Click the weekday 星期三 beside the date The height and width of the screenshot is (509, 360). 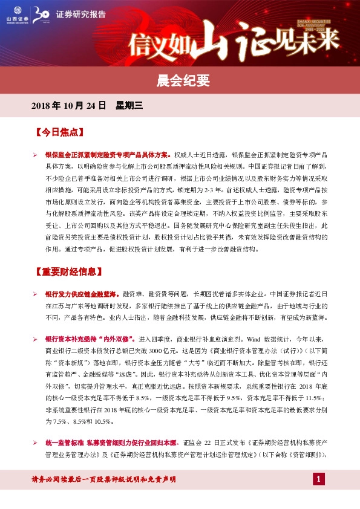[x=129, y=105]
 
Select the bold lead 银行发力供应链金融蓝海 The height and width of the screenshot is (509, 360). [x=82, y=293]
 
